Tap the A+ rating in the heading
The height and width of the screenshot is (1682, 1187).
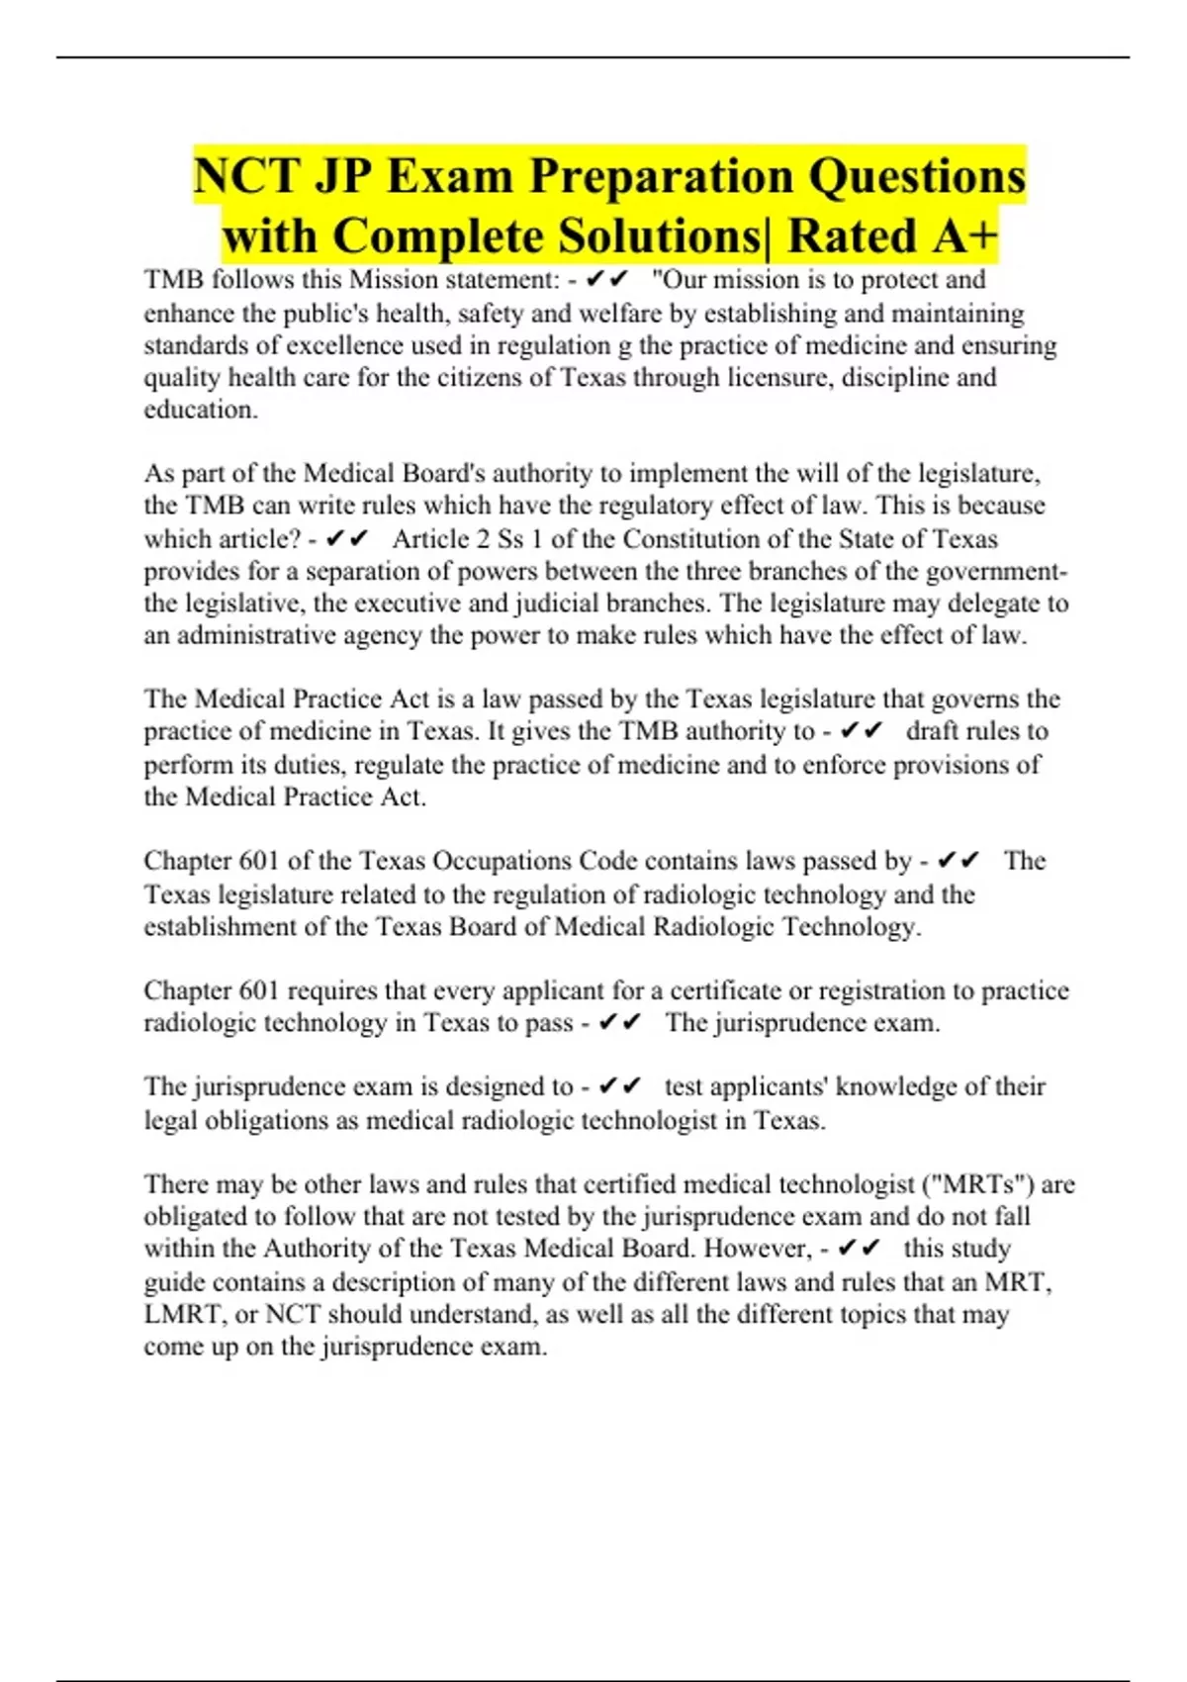click(x=961, y=235)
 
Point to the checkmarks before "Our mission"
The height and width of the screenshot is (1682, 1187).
click(x=608, y=280)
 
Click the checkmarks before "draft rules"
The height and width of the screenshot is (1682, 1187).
click(x=860, y=731)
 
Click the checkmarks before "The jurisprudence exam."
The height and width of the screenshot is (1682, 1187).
click(x=621, y=1022)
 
